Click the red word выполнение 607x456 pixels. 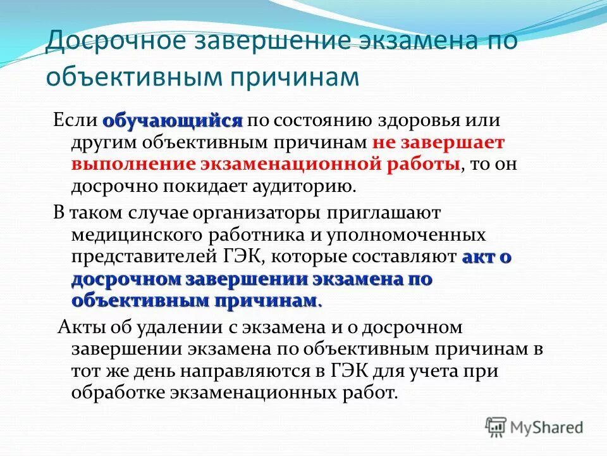tap(133, 165)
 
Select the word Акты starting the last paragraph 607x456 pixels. tap(80, 327)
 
